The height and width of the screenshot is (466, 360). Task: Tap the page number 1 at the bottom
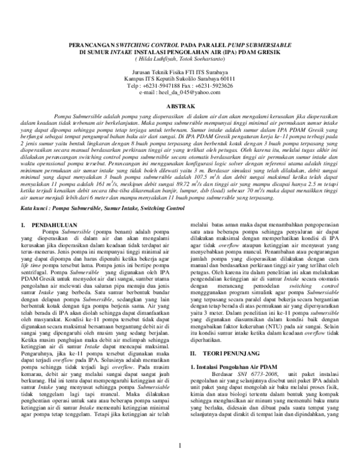(180, 444)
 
